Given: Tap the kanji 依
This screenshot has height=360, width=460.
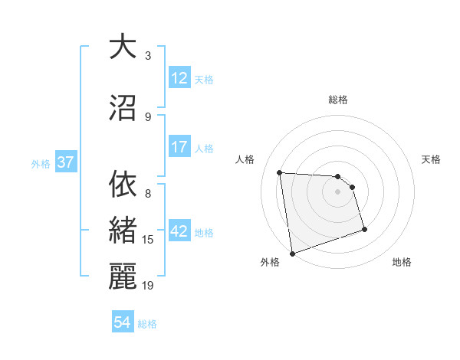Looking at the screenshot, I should coord(123,185).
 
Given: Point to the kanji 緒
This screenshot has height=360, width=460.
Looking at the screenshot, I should coord(123,231).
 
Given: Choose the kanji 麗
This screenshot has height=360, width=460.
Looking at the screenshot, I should coord(123,276).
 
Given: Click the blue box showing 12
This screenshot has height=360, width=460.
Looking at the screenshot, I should coord(179,78).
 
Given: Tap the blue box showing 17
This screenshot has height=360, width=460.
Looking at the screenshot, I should coord(179,147).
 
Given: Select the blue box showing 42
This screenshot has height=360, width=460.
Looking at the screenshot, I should coord(179,231).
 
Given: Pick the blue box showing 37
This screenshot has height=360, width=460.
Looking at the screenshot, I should coord(65,162).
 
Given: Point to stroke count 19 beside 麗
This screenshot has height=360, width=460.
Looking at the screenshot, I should coord(148,286).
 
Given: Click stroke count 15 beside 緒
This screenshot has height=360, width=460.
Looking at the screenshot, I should coord(148,240).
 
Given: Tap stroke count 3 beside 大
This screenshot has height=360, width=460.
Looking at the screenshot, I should coord(148,56).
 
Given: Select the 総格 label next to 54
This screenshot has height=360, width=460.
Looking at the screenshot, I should coord(147,324).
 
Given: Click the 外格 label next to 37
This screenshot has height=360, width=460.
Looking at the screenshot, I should coord(41,163).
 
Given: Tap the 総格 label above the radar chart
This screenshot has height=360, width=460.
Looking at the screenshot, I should coord(337,100).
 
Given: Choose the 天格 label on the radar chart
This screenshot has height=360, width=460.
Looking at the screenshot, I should coord(432,159).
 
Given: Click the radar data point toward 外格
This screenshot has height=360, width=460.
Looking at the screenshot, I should coord(292,253).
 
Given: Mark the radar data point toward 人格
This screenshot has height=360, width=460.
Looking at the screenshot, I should coord(280,172).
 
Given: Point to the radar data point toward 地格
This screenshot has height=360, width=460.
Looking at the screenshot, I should coord(364,230).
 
